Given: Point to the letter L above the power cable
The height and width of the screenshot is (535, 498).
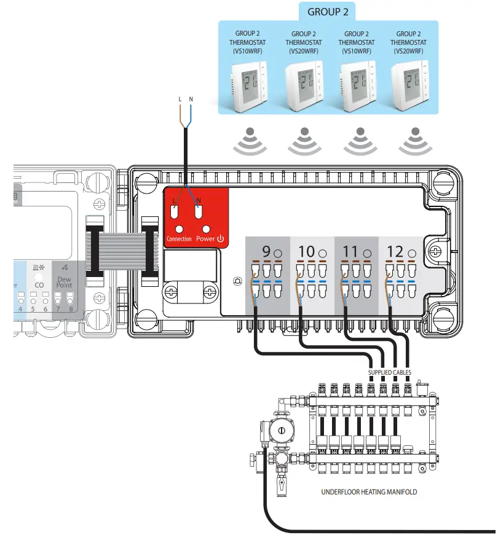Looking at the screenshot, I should point(180,99).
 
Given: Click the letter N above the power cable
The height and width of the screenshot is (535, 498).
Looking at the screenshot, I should point(191,99).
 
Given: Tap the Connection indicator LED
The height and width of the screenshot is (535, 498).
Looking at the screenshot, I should point(179,229).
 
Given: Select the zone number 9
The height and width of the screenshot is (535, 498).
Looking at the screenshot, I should point(266,252).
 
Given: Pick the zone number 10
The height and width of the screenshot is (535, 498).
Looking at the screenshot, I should point(306,252).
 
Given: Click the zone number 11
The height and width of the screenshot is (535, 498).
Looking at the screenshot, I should point(350,252).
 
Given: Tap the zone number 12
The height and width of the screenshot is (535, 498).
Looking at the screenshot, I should point(394,252).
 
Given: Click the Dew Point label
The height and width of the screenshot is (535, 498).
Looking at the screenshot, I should point(64,282).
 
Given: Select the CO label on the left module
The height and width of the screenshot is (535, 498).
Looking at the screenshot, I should point(39,285).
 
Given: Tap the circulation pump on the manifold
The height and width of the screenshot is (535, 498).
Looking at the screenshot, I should point(284,431).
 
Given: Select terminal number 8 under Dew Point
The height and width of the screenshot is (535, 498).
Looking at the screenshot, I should point(71,309).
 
